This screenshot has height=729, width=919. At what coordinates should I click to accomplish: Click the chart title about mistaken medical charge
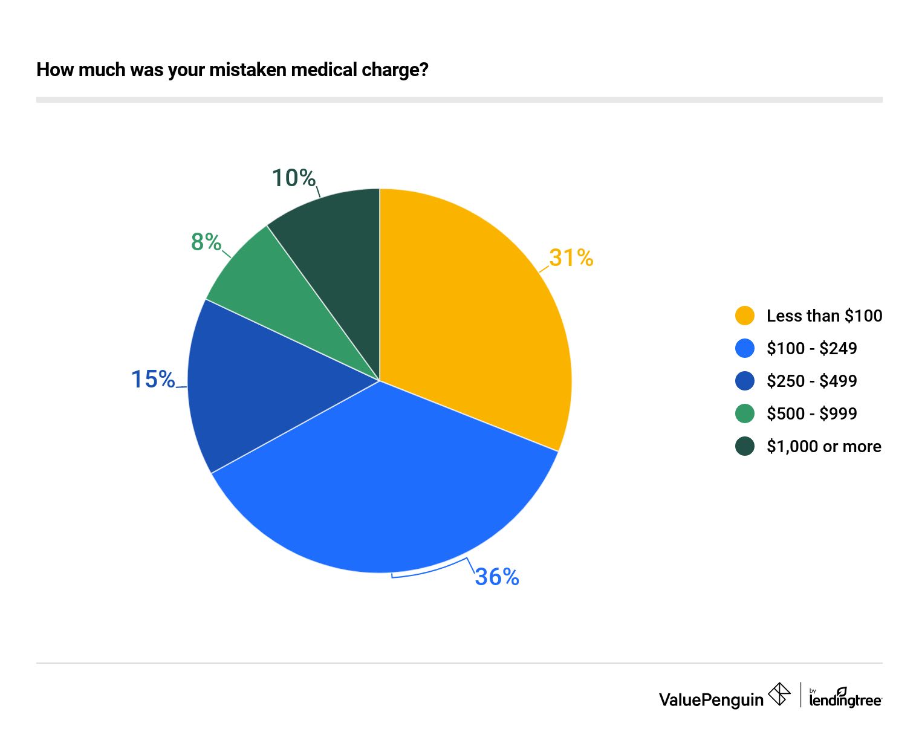(x=232, y=70)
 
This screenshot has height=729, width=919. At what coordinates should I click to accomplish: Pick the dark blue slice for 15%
(x=254, y=381)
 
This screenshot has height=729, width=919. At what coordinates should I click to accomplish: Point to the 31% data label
(x=571, y=258)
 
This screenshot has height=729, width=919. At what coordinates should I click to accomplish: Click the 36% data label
(x=497, y=577)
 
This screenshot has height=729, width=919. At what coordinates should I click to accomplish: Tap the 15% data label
(x=153, y=380)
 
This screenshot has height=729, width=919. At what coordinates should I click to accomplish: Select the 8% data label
(x=206, y=242)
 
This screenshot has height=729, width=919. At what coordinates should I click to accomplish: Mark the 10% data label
(x=294, y=178)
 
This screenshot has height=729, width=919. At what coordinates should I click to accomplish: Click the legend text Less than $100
(x=824, y=316)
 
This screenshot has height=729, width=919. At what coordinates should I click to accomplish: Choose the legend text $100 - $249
(x=811, y=348)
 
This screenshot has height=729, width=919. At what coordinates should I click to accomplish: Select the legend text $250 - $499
(x=811, y=381)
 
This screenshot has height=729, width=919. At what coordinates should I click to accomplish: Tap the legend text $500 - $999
(x=811, y=413)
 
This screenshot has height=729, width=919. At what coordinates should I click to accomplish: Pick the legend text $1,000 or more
(x=823, y=446)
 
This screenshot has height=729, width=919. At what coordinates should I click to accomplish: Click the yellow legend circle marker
(x=745, y=316)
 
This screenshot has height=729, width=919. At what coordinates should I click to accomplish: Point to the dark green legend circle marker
(x=745, y=446)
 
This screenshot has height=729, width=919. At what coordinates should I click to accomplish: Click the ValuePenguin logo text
(x=711, y=700)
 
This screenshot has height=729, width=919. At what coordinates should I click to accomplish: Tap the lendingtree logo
(x=845, y=698)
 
